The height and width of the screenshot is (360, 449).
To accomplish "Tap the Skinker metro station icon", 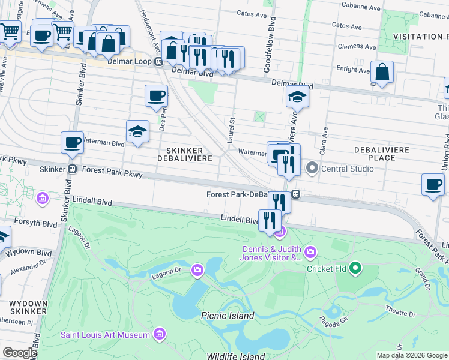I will coord(72,169).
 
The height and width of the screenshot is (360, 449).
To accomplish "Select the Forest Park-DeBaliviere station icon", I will coord(295,194).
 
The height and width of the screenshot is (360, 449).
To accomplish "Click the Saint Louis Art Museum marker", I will coord(160,334).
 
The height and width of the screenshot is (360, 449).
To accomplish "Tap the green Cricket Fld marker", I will coord(355,268).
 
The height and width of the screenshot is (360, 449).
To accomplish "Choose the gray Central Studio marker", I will coord(312,168).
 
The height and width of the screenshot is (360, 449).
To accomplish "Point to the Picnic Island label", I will coord(228,316).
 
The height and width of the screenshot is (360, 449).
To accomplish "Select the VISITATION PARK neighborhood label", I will coord(420,37).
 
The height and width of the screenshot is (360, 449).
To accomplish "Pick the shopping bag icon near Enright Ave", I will coord(382,73).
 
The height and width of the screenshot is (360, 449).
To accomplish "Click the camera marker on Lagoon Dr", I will coord(197,271).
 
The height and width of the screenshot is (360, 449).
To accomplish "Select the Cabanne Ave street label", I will coord(361,7).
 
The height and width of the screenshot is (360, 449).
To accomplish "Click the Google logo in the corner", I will coord(20,353).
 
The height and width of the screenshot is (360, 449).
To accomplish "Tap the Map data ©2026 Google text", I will coord(411,355).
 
